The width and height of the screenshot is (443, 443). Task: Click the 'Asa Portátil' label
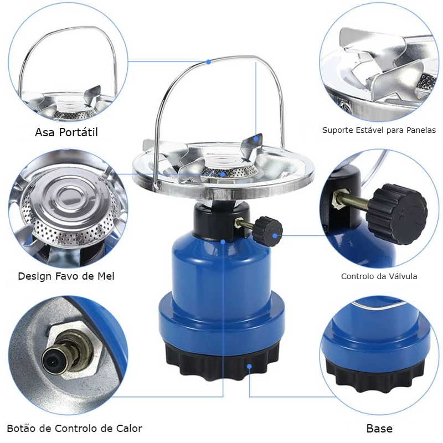pos(66,132)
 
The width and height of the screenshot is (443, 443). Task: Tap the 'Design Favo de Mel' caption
pos(66,276)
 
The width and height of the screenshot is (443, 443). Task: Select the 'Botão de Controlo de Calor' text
pos(74,428)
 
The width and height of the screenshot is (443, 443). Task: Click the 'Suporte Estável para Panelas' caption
pos(379,130)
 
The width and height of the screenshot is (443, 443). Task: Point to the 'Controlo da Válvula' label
pos(379,276)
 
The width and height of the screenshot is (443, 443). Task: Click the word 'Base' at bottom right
pos(379,429)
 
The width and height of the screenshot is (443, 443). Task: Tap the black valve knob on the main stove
pos(267,231)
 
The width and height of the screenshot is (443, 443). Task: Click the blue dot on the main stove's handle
pos(208,61)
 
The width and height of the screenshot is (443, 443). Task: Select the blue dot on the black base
pos(249,367)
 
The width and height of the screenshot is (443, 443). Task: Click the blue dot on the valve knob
pos(275,235)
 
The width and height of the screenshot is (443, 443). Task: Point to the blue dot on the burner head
pos(223,174)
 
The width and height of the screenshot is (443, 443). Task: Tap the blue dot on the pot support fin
pos(256,138)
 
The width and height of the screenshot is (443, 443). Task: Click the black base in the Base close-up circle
pos(375,373)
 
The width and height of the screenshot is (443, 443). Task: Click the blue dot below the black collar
pos(223,242)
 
